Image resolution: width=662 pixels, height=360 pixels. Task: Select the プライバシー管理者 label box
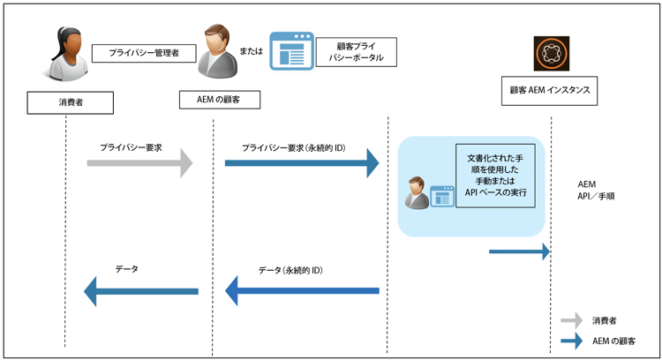[x=143, y=54]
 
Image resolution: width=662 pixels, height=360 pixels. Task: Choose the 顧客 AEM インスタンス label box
[x=550, y=91]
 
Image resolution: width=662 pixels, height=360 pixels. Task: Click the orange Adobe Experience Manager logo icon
[x=552, y=54]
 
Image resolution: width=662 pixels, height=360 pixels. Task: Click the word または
[x=252, y=52]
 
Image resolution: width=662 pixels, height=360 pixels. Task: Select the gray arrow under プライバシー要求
[x=139, y=163]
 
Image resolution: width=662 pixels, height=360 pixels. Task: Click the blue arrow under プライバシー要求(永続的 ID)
[x=301, y=163]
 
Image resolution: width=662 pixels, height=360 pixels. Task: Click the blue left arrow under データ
[x=140, y=290]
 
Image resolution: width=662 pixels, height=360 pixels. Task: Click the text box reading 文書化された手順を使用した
[x=495, y=176]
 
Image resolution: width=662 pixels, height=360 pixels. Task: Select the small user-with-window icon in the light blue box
[x=428, y=193]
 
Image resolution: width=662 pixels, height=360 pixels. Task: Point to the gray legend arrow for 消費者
[x=572, y=320]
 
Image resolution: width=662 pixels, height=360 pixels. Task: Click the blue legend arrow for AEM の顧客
[x=572, y=340]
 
